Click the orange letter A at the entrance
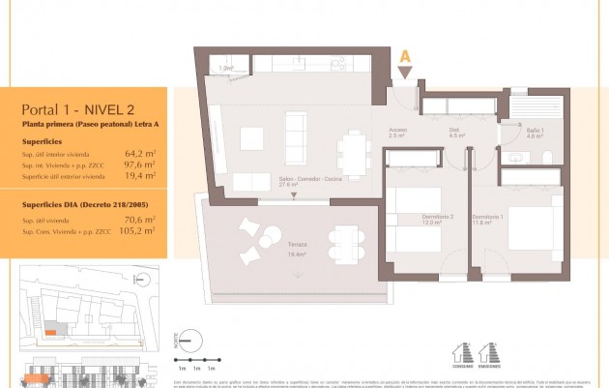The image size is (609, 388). coord(405,57)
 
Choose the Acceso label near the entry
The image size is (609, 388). coord(397,134)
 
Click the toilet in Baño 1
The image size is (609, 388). coord(548,158)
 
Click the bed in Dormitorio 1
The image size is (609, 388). coord(530,228)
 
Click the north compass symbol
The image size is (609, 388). coord(191,341)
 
